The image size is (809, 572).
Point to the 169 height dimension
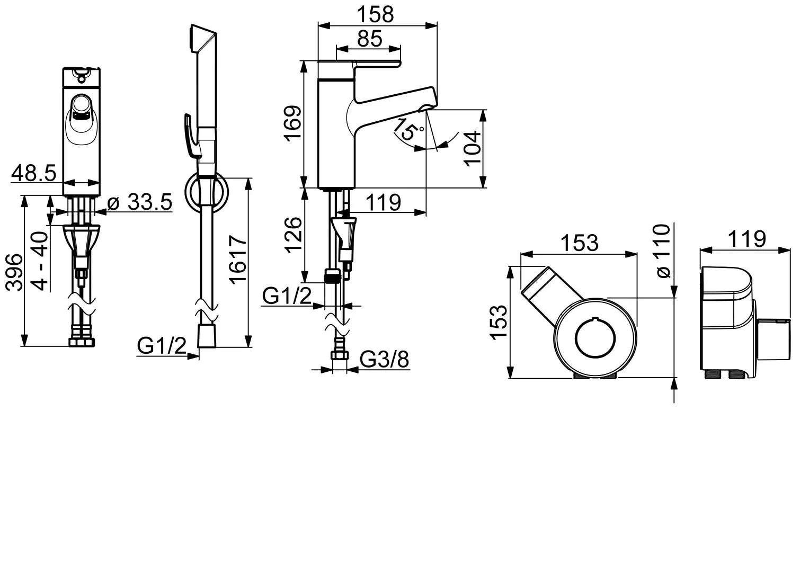(292, 123)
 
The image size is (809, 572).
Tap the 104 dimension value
(473, 148)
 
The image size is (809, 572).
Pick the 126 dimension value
(292, 235)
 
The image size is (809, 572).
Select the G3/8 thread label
(384, 359)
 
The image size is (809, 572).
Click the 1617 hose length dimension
(238, 260)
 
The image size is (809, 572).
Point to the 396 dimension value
(14, 272)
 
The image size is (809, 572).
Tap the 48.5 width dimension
(33, 173)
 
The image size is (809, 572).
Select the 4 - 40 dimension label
(39, 261)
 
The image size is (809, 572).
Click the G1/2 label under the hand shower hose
(162, 345)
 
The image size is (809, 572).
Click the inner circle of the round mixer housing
(595, 338)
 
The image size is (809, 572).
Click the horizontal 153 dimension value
(579, 243)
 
